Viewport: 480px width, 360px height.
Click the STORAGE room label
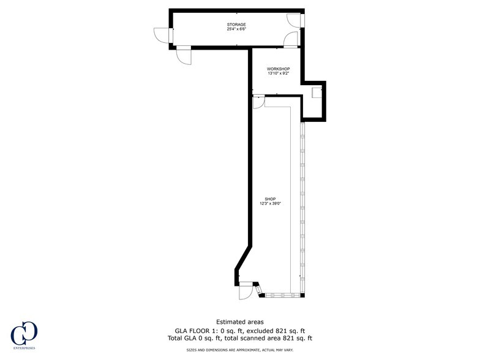pyautogui.click(x=236, y=24)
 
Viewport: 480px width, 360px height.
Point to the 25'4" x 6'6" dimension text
pyautogui.click(x=236, y=29)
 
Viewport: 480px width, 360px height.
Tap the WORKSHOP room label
pyautogui.click(x=278, y=69)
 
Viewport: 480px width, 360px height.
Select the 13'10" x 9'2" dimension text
pyautogui.click(x=278, y=73)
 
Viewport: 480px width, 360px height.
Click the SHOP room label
pyautogui.click(x=271, y=199)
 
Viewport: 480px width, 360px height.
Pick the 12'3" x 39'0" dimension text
pyautogui.click(x=271, y=203)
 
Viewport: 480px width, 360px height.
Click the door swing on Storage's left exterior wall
pyautogui.click(x=162, y=36)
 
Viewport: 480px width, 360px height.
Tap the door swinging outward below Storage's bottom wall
pyautogui.click(x=184, y=56)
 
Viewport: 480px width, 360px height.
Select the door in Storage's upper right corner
pyautogui.click(x=294, y=20)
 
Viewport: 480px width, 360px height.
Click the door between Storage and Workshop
pyautogui.click(x=290, y=39)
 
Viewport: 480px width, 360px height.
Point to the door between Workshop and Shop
pyautogui.click(x=259, y=102)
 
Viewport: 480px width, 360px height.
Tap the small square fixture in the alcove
pyautogui.click(x=316, y=92)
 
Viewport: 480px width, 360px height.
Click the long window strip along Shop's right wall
pyautogui.click(x=302, y=208)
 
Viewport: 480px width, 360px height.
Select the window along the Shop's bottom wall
pyautogui.click(x=282, y=295)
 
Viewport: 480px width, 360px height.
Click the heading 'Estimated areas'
pyautogui.click(x=240, y=322)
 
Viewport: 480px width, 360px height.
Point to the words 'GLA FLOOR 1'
pyautogui.click(x=192, y=331)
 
